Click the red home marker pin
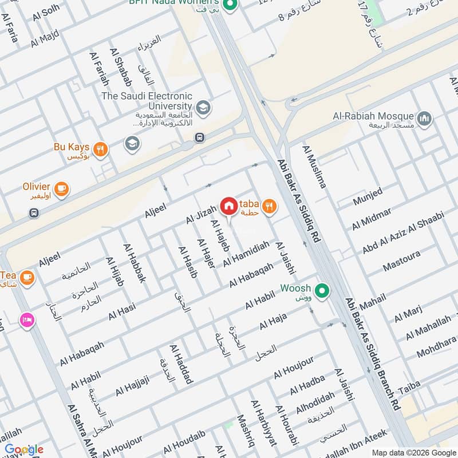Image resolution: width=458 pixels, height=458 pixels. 228,206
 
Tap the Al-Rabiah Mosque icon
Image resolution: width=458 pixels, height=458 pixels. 424,119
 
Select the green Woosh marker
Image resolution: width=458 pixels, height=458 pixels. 322,291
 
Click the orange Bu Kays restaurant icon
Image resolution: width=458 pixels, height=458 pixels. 100,149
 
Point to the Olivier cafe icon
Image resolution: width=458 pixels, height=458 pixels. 61,188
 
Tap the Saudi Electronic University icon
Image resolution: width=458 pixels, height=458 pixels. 202,107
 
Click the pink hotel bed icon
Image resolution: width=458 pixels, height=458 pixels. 26,321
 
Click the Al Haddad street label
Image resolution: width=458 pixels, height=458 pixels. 181,364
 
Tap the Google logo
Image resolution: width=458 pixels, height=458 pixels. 24,449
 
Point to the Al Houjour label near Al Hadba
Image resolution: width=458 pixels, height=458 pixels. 294,367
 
